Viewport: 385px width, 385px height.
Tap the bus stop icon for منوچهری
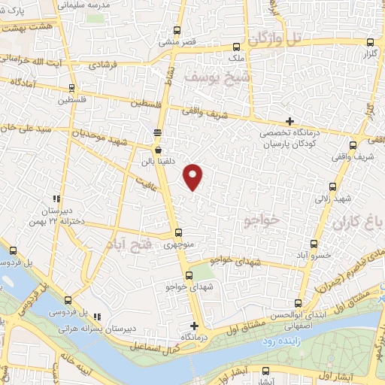tap(178, 233)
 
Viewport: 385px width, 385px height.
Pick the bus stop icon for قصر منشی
tap(177, 31)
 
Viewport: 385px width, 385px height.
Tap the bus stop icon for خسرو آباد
tap(314, 244)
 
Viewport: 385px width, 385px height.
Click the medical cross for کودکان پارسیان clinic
tap(290, 121)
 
